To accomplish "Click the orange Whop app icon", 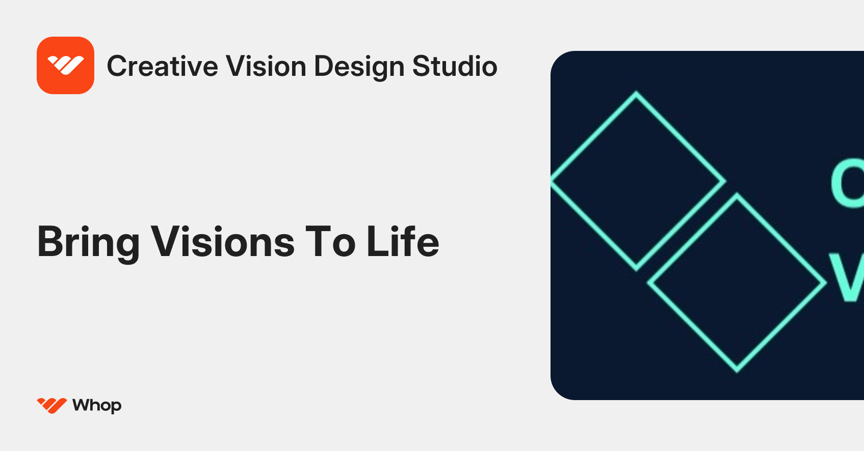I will point(65,65).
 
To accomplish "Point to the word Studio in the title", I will point(454,66).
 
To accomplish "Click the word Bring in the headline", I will point(88,242).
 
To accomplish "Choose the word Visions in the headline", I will point(223,241).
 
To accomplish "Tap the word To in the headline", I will point(330,241).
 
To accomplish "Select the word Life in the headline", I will point(403,241).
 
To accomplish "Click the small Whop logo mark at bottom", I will point(51,405).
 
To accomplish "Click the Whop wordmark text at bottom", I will point(97,406).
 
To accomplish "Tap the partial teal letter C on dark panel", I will point(847,183).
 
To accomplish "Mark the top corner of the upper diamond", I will point(636,93).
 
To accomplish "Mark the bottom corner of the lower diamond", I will point(737,371).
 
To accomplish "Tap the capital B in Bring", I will point(51,241).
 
